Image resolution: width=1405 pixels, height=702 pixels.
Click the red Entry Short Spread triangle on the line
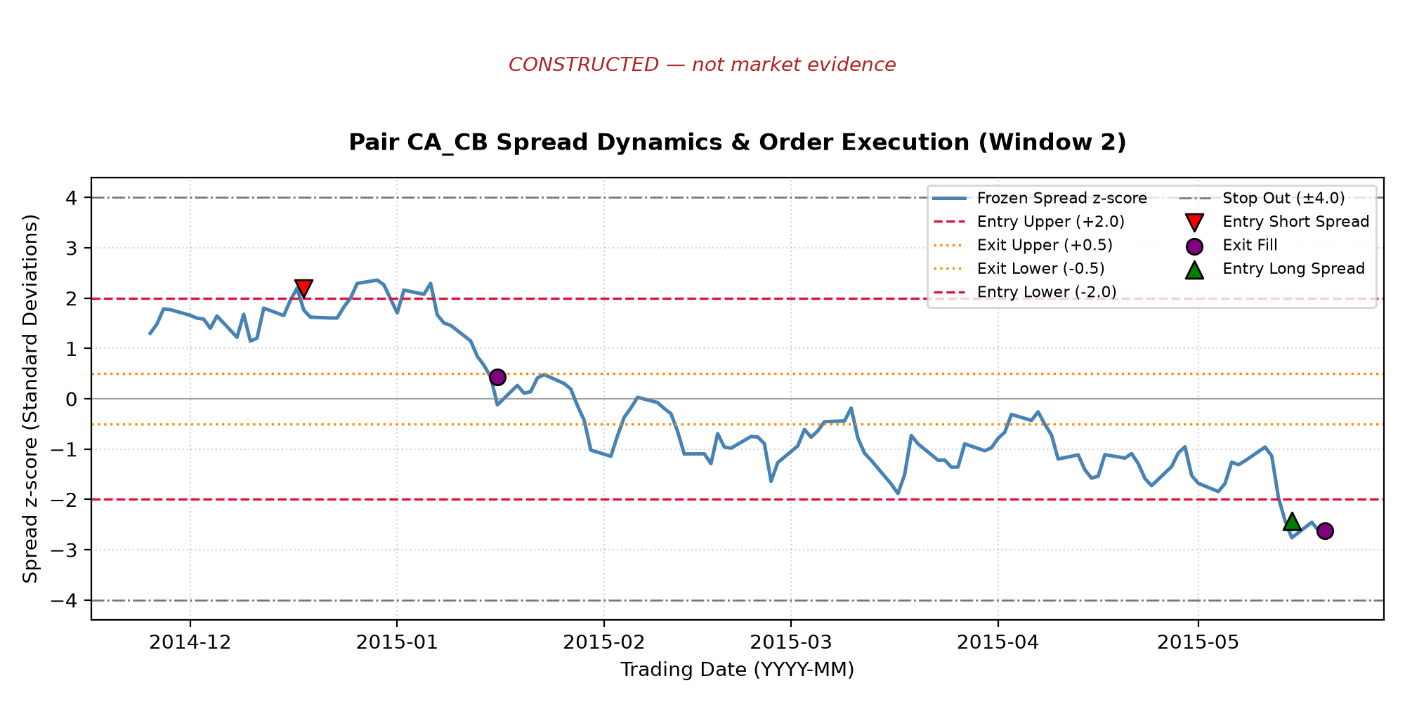(303, 288)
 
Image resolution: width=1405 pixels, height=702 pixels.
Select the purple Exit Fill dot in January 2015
(497, 377)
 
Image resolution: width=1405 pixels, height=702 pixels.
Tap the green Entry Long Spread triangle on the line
(1292, 521)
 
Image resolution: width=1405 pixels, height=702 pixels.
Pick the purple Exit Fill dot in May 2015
(1325, 531)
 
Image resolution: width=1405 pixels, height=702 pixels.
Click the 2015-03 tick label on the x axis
(791, 642)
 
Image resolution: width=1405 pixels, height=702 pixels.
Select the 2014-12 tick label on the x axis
(190, 642)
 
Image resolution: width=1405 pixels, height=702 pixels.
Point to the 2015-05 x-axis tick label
(1198, 642)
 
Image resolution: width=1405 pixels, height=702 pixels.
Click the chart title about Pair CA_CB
(738, 143)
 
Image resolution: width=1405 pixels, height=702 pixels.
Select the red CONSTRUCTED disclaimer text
(702, 65)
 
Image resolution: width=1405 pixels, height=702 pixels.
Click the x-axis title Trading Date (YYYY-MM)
(738, 670)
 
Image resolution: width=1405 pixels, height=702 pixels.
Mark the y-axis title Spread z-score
(30, 399)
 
